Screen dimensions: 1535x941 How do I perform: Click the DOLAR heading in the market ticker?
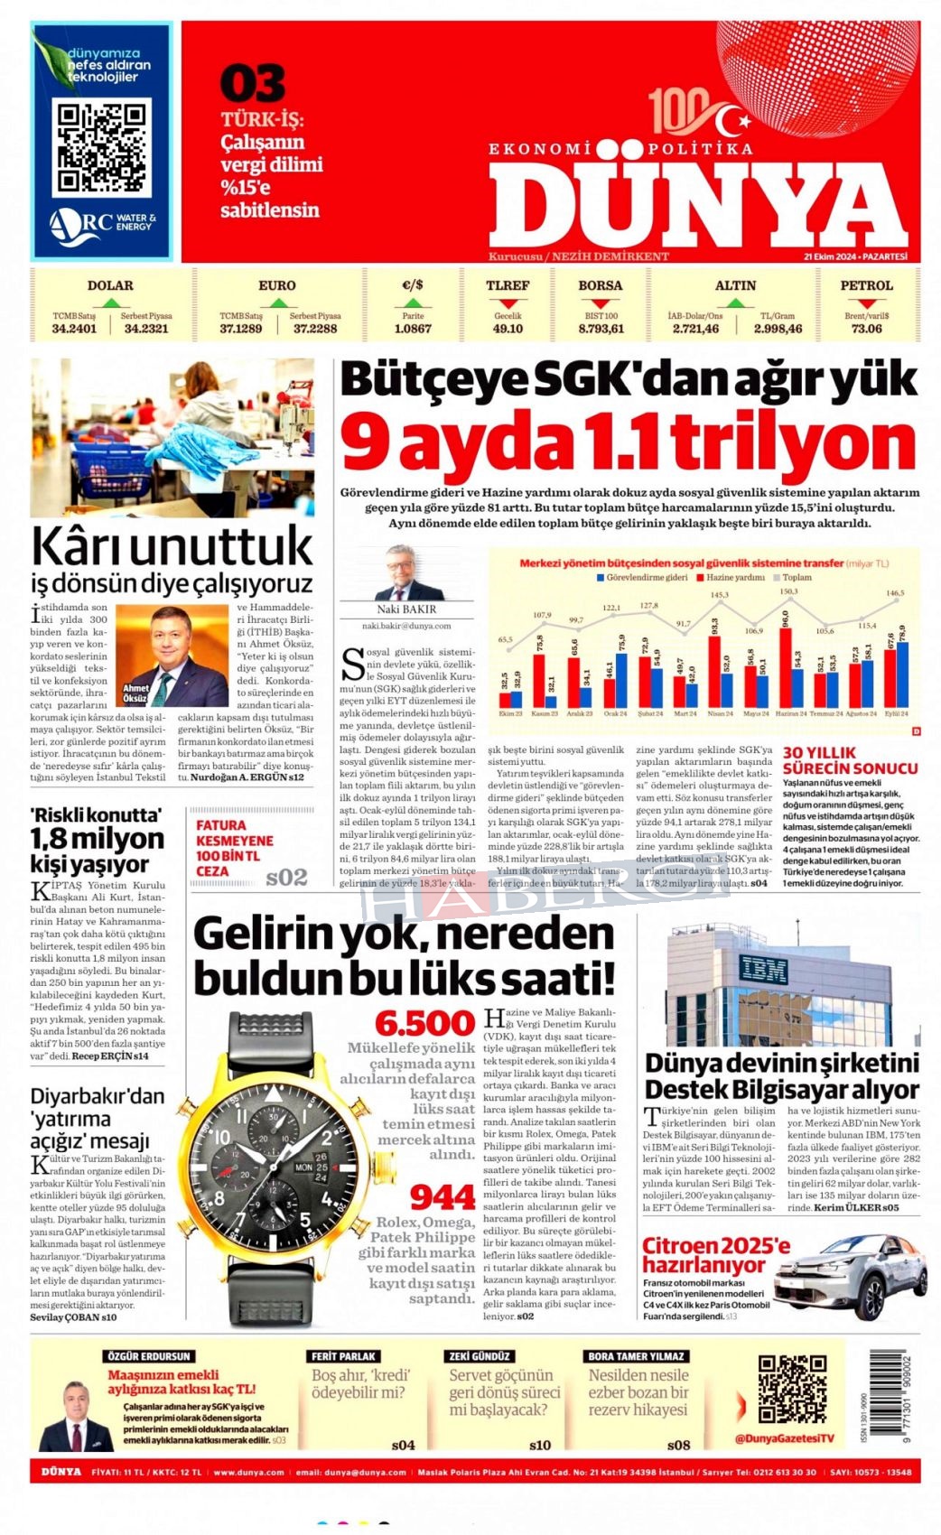(x=110, y=285)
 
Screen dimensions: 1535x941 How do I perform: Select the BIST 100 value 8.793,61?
(x=601, y=329)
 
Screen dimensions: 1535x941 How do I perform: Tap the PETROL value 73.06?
(x=866, y=329)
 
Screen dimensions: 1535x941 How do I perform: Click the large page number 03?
(x=252, y=84)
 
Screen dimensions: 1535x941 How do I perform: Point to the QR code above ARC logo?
(x=101, y=148)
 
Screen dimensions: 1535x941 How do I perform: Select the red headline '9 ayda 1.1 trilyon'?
(x=629, y=442)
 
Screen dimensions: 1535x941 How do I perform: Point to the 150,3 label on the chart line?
(x=788, y=592)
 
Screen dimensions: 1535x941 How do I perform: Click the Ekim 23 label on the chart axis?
(x=510, y=713)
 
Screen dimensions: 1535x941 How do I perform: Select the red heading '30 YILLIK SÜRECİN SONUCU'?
(x=850, y=760)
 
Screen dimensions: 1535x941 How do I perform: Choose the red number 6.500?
(x=424, y=1023)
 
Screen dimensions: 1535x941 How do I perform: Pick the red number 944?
(x=443, y=1197)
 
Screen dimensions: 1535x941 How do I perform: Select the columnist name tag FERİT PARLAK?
(x=344, y=1356)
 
